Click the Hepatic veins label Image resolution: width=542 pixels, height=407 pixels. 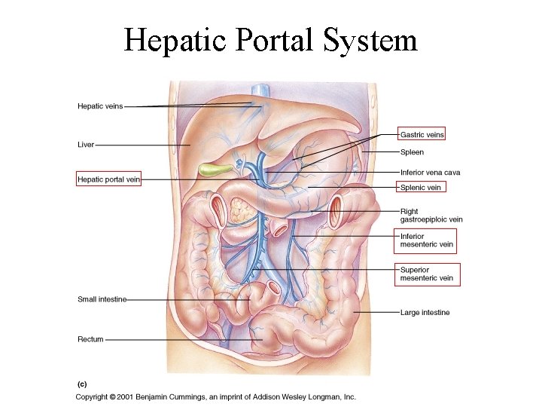[x=100, y=106]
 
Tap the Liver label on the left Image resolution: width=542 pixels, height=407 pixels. [x=86, y=144]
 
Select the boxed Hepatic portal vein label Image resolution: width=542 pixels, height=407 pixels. [x=109, y=179]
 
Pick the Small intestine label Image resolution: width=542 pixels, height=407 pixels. [x=102, y=299]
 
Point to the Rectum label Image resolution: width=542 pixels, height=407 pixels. [x=90, y=339]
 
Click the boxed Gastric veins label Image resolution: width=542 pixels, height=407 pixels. [x=422, y=134]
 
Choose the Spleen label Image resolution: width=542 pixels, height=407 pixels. [x=412, y=152]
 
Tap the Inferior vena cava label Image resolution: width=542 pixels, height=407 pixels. [x=431, y=173]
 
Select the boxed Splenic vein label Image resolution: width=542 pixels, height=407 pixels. [x=421, y=187]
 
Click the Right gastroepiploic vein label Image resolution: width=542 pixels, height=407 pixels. [x=431, y=216]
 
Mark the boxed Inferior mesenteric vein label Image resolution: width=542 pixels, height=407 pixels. [x=427, y=240]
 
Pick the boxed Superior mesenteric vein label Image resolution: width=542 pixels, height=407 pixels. [x=427, y=274]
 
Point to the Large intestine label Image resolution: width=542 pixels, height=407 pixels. [x=425, y=312]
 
